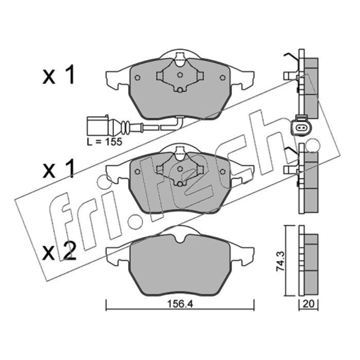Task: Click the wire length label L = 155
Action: [104, 142]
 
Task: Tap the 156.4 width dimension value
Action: [180, 304]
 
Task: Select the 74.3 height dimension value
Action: [280, 261]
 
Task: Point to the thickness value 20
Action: [309, 304]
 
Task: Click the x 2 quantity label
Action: [59, 252]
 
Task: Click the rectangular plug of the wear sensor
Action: [97, 126]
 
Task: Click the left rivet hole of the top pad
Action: [137, 77]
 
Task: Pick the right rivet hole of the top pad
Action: [222, 77]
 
